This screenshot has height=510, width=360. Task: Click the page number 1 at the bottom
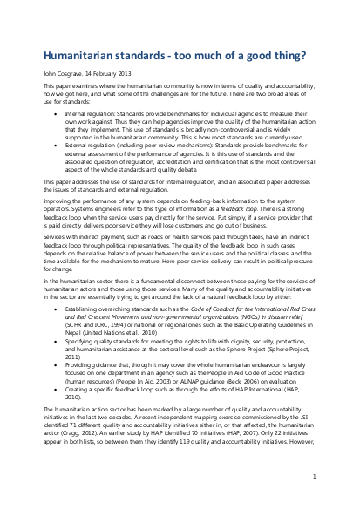311,476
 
